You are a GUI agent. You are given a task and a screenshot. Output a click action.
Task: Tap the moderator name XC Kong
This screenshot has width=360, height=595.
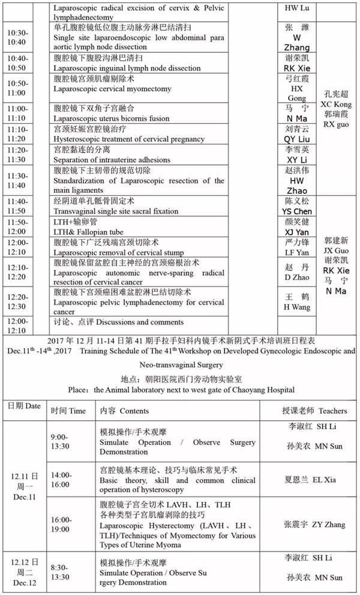coord(337,103)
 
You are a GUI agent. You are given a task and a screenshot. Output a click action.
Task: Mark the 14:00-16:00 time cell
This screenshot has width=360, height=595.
coord(60,479)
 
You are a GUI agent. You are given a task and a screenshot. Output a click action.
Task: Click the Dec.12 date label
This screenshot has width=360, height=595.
coord(24,583)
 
